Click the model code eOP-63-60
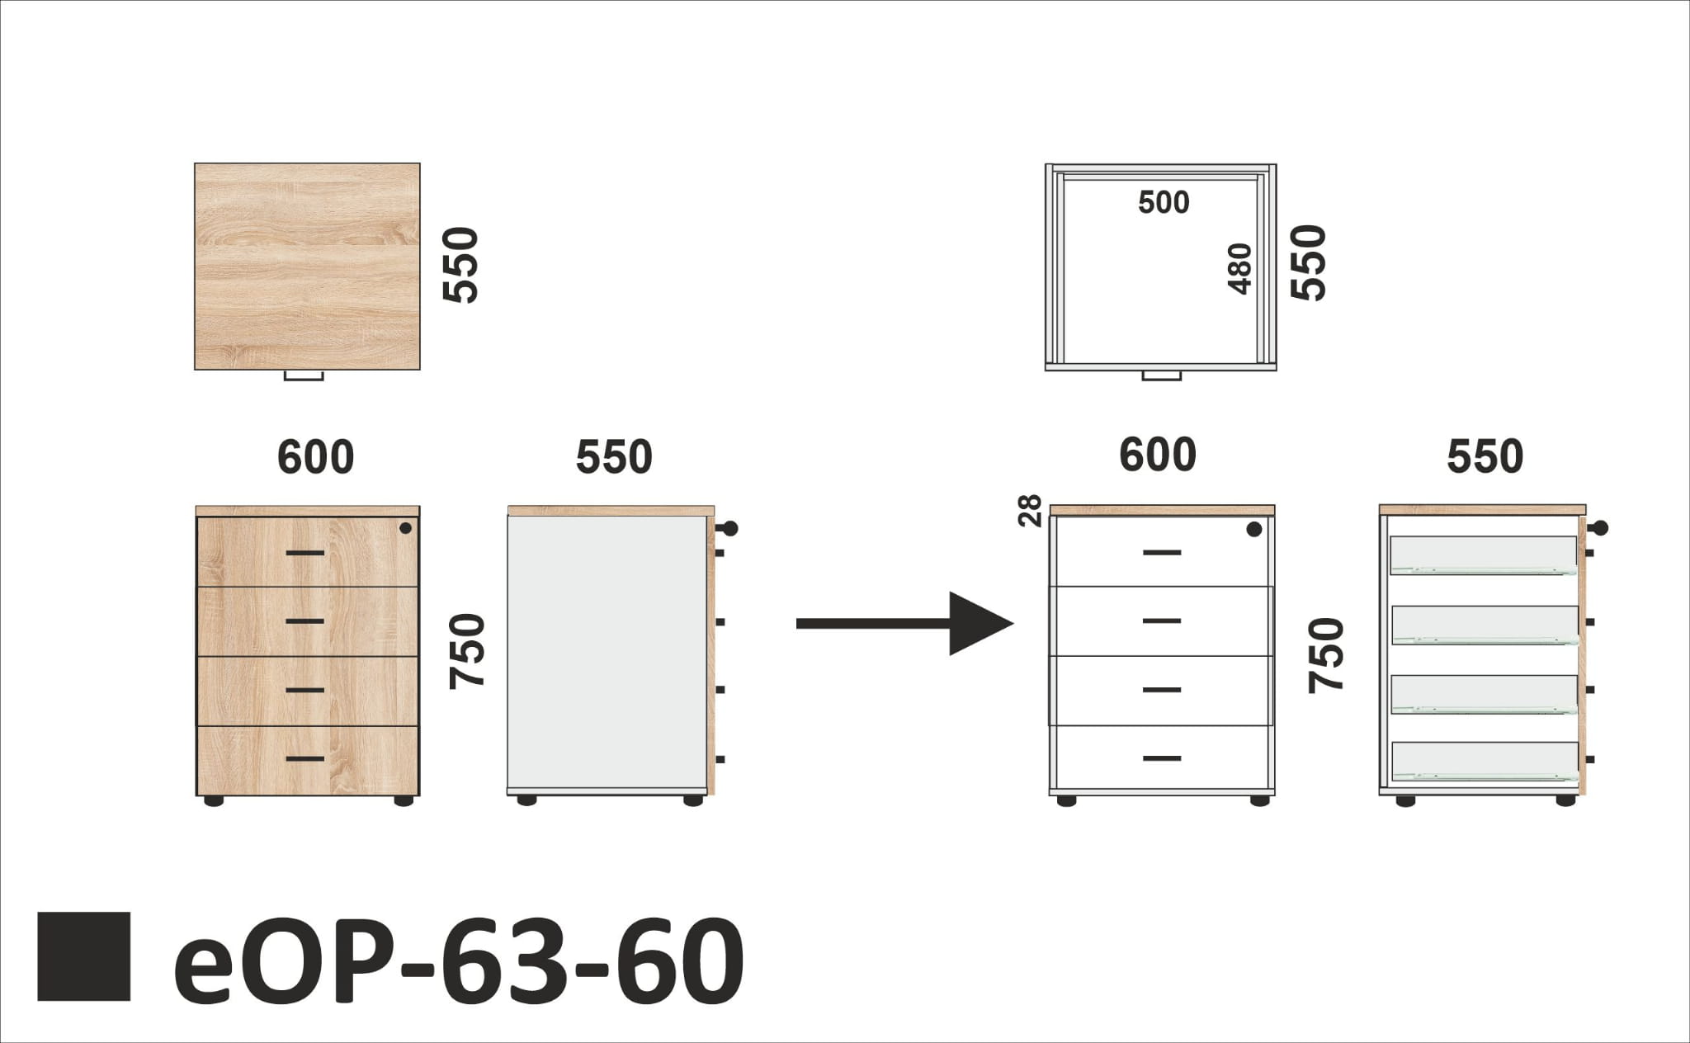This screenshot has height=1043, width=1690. (x=459, y=959)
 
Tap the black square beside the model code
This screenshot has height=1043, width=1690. (x=84, y=956)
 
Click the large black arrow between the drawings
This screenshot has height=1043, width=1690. (x=904, y=623)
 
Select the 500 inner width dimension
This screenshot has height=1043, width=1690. (x=1164, y=202)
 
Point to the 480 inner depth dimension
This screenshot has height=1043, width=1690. (x=1239, y=269)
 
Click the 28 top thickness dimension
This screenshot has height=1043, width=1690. (x=1031, y=511)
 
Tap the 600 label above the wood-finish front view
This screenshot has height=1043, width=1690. (x=315, y=457)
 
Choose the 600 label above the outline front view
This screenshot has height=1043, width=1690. (x=1157, y=455)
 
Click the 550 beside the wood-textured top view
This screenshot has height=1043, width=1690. (x=460, y=265)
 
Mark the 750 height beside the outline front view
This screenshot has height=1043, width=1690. (x=1326, y=655)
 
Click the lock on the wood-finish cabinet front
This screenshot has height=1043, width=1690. (x=405, y=528)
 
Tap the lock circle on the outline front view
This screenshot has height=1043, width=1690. (x=1254, y=530)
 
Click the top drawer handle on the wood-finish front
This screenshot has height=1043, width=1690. (x=305, y=552)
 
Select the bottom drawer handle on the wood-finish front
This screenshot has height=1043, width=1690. (x=305, y=758)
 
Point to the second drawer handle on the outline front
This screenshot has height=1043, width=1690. (x=1162, y=621)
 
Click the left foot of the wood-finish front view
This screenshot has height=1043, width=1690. (x=213, y=800)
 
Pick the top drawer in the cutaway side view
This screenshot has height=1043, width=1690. (x=1484, y=555)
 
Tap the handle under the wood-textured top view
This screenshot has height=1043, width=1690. (x=304, y=376)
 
